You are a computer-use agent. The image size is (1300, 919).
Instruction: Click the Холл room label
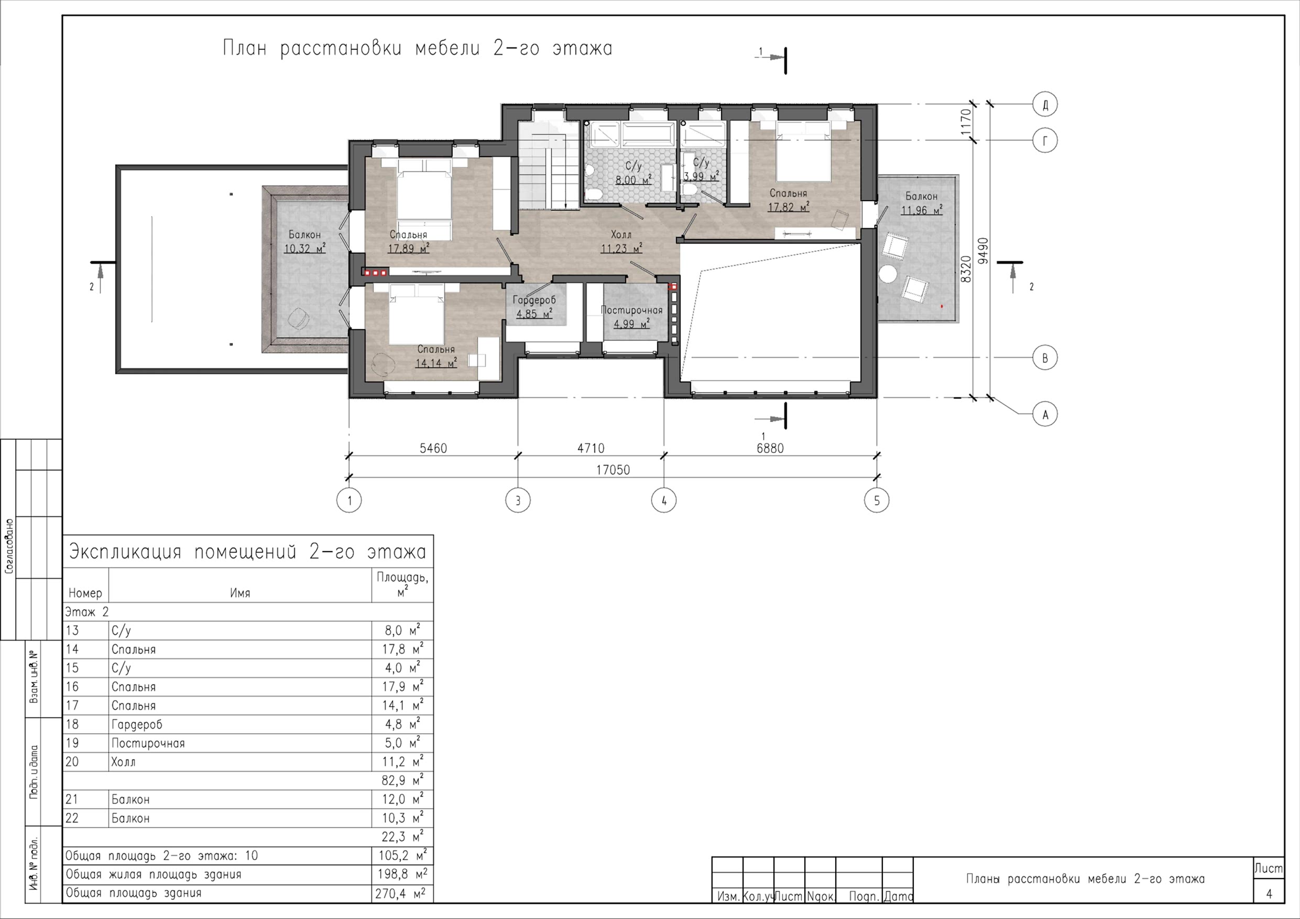coord(621,234)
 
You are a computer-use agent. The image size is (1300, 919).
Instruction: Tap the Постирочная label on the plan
coord(631,310)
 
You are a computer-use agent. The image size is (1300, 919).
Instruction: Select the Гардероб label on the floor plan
coord(534,301)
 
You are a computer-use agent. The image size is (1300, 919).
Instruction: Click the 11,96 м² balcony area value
coord(921,210)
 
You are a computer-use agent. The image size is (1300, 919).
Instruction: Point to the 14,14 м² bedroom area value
coord(436,363)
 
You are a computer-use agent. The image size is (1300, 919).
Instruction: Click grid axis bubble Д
coord(1045,105)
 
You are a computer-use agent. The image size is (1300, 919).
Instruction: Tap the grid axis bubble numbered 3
coord(518,500)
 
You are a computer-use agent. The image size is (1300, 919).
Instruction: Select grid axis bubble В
coord(1045,358)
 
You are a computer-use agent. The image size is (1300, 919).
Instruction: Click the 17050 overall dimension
coord(613,470)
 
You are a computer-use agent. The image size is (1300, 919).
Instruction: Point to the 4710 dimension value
coord(591,448)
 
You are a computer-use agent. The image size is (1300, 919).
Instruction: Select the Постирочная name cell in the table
coord(148,743)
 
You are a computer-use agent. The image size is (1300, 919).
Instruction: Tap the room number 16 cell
coord(72,687)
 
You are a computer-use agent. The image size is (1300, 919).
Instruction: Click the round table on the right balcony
coord(888,275)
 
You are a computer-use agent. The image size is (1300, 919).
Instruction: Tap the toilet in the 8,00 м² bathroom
coord(593,195)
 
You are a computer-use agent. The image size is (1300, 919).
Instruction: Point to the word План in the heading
coord(244,49)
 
